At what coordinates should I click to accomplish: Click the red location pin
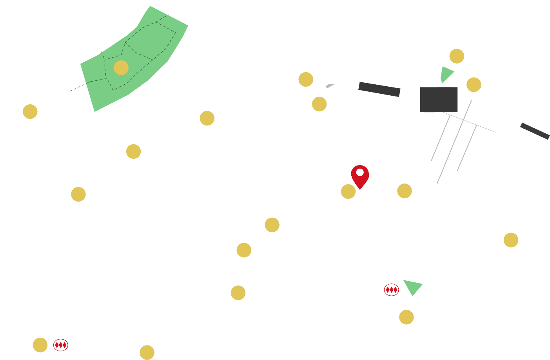[x=360, y=175]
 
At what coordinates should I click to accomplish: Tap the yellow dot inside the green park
[x=121, y=68]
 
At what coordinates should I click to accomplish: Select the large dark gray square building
[x=439, y=100]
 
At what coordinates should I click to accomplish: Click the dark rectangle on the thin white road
[x=379, y=89]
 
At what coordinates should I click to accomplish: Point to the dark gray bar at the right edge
[x=535, y=131]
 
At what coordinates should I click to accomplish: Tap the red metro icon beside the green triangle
[x=391, y=290]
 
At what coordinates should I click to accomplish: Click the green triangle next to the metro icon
[x=413, y=287]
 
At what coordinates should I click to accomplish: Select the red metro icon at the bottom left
[x=61, y=345]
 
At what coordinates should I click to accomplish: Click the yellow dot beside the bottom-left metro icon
[x=40, y=345]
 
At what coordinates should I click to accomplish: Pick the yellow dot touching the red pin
[x=348, y=192]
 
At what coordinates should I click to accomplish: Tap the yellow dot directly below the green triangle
[x=407, y=317]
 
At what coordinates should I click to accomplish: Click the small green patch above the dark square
[x=446, y=74]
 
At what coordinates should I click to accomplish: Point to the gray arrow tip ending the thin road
[x=329, y=86]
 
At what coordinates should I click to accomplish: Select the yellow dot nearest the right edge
[x=511, y=240]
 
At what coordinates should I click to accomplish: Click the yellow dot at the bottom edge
[x=147, y=352]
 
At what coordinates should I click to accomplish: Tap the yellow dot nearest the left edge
[x=30, y=112]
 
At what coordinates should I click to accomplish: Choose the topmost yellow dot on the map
[x=457, y=56]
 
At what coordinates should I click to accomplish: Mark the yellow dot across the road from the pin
[x=404, y=191]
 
